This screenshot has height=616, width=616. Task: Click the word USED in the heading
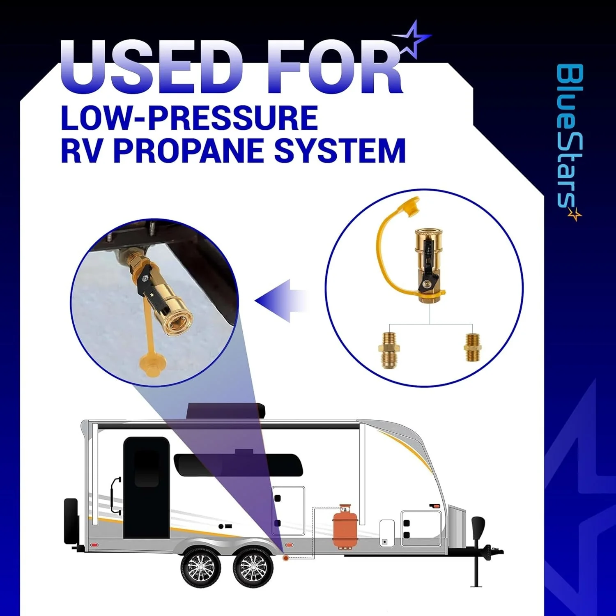tap(152, 67)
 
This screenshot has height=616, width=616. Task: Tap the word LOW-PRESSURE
tap(189, 118)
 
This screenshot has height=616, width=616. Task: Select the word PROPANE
tap(189, 150)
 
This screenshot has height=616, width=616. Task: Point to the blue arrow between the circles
tap(281, 301)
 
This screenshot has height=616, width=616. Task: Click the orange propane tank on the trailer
tap(345, 527)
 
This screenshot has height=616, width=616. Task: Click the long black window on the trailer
tap(238, 465)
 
